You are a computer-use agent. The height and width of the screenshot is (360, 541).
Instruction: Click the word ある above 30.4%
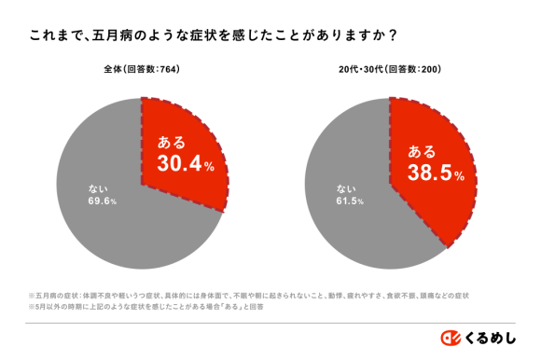tap(171, 143)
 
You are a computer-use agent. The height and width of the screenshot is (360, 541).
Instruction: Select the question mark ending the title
tap(395, 36)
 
